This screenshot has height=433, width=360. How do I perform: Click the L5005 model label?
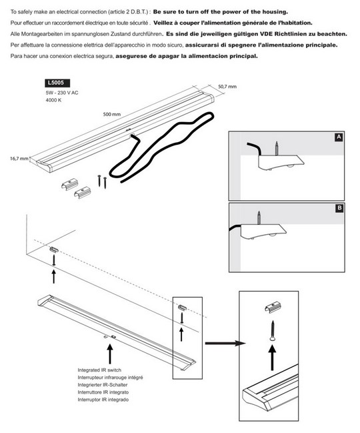coord(57,83)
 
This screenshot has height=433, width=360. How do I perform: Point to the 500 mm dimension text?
coord(112,114)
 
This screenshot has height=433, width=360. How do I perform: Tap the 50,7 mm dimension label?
coord(227,87)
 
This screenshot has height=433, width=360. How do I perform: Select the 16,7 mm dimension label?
coord(19,159)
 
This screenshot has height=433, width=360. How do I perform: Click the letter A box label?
coord(339,137)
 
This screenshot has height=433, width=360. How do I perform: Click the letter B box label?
coord(339,208)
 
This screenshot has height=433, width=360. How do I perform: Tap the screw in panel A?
coord(276,149)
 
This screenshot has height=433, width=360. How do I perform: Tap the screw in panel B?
coord(259,219)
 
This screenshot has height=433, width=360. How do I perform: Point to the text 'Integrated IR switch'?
coord(99,370)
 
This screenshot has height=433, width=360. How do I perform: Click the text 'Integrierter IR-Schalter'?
coord(103,385)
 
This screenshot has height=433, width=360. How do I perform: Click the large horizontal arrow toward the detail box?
coord(225,343)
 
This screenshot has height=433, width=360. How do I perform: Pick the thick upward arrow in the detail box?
coord(272,358)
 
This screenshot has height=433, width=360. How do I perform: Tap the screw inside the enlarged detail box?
coord(272,331)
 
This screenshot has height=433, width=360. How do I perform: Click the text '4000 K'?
coord(53,100)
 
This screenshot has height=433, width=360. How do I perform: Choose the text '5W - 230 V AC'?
coord(62,93)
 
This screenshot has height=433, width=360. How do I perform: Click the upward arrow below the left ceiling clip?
coord(54,277)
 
